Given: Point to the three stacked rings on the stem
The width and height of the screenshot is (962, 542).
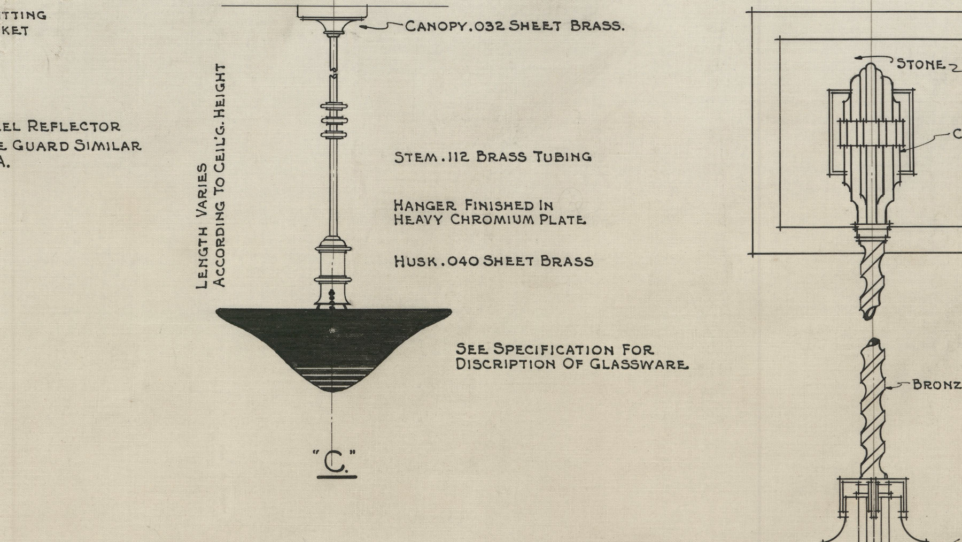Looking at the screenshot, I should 333,121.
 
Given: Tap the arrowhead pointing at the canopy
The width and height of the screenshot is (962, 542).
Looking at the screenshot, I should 362,25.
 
